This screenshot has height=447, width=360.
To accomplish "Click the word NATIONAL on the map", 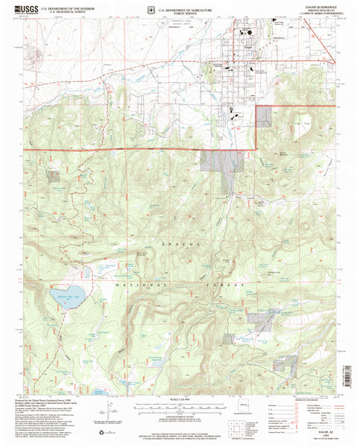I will point(134,284).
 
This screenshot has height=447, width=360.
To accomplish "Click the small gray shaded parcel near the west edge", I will point(54,176).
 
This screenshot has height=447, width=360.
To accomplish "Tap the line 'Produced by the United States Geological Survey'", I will point(52,400).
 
